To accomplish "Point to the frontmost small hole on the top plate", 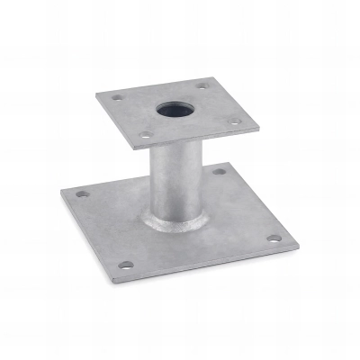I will click(x=145, y=136).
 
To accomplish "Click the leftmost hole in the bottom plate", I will click(x=84, y=193).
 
